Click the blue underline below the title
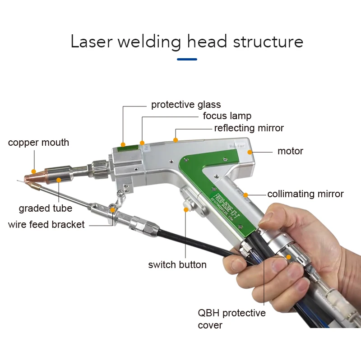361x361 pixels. pyautogui.click(x=187, y=59)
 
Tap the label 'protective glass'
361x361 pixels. pyautogui.click(x=180, y=105)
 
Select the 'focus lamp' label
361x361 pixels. pyautogui.click(x=227, y=116)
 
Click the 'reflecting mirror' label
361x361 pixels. pyautogui.click(x=249, y=128)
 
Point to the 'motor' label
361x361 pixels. pyautogui.click(x=290, y=151)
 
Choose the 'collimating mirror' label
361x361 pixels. pyautogui.click(x=305, y=194)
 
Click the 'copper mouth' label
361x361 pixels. pyautogui.click(x=38, y=143)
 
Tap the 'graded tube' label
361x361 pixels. pyautogui.click(x=45, y=208)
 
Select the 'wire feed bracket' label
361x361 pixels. pyautogui.click(x=46, y=224)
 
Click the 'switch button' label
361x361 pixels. pyautogui.click(x=177, y=264)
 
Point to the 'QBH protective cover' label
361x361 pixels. pyautogui.click(x=231, y=319)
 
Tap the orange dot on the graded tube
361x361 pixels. pyautogui.click(x=59, y=180)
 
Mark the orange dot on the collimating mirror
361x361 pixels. pyautogui.click(x=245, y=195)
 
